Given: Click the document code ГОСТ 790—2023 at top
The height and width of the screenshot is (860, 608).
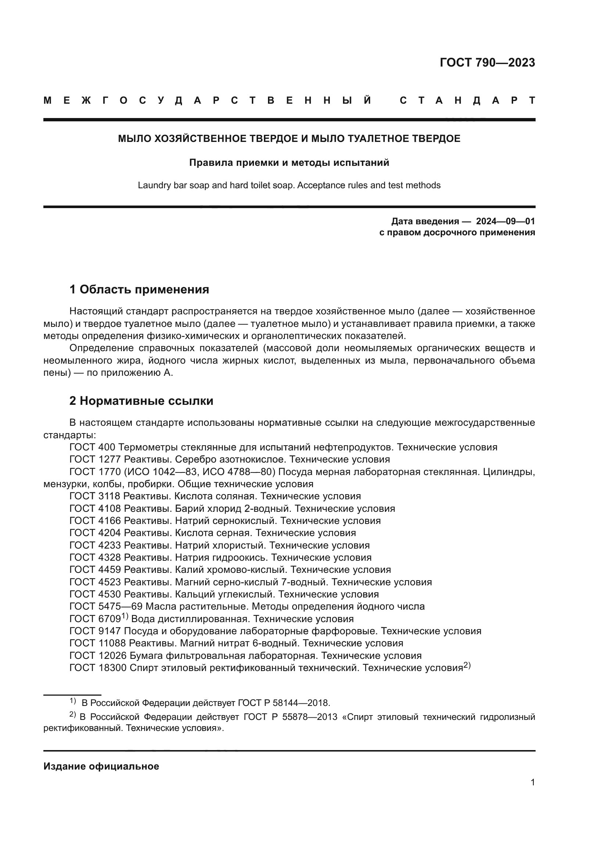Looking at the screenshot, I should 487,63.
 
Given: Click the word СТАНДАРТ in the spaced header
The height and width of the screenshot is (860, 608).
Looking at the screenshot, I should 467,100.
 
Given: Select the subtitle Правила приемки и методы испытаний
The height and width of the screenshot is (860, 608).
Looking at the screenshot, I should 289,163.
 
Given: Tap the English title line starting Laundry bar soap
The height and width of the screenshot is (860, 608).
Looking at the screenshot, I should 289,185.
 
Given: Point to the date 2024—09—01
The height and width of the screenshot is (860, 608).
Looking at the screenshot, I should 505,221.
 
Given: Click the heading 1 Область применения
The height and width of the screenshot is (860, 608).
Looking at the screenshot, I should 139,289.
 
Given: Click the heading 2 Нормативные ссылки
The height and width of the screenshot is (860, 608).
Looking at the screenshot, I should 141,401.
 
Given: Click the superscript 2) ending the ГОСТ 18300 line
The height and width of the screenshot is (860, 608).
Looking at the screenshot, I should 467,665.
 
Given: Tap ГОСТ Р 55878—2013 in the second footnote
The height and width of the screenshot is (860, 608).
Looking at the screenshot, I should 290,717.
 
